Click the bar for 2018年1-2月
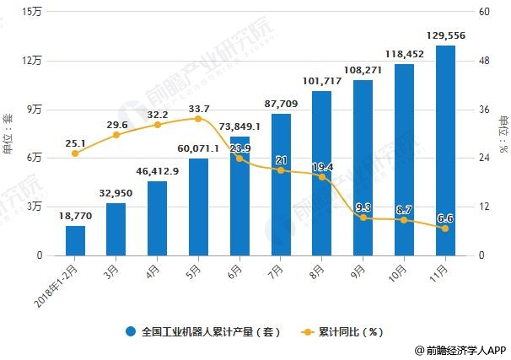(x=75, y=240)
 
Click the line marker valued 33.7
(x=198, y=119)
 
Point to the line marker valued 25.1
(x=75, y=153)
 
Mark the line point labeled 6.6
(x=445, y=228)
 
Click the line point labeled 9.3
(x=363, y=218)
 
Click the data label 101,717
(x=321, y=81)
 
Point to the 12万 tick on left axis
(x=33, y=61)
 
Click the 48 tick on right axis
(x=483, y=61)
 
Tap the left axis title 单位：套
(x=8, y=133)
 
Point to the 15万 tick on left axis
(x=33, y=12)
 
